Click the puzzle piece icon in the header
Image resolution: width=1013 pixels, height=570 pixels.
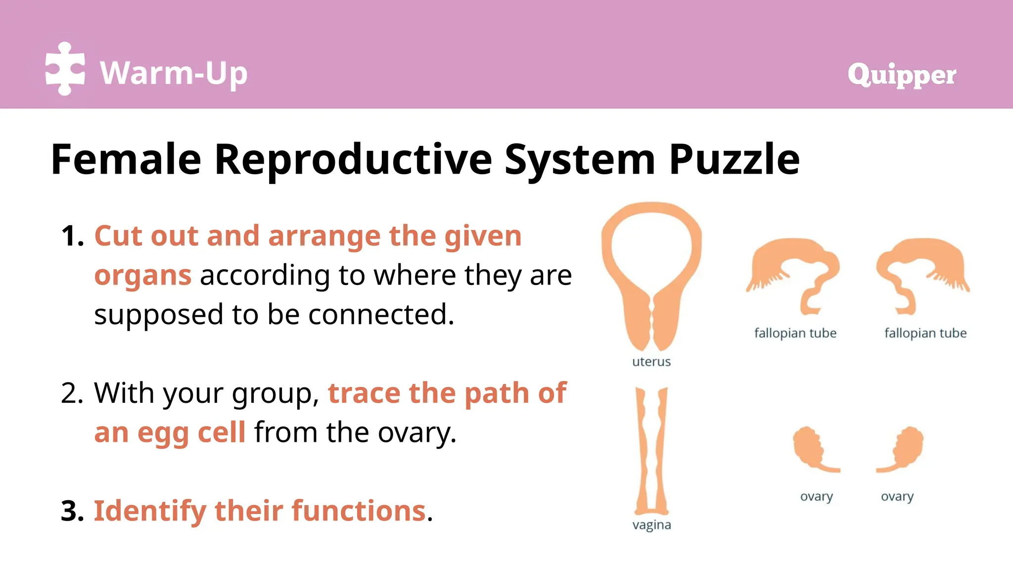point(65,69)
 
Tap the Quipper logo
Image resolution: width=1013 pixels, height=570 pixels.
point(901,75)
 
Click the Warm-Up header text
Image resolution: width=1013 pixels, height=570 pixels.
point(174,73)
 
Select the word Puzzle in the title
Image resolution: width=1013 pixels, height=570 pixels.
point(734,159)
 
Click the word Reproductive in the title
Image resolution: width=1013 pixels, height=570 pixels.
point(353,159)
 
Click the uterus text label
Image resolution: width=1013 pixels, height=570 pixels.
point(651,362)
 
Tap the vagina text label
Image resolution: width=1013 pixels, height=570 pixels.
point(651,525)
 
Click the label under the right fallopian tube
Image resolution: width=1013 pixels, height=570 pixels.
point(925,333)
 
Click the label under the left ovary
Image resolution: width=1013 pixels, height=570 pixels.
point(816,496)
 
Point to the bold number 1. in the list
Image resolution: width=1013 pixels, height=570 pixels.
point(72,236)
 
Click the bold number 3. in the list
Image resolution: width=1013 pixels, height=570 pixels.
point(72,511)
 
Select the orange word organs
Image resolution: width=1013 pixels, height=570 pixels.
point(142,276)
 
